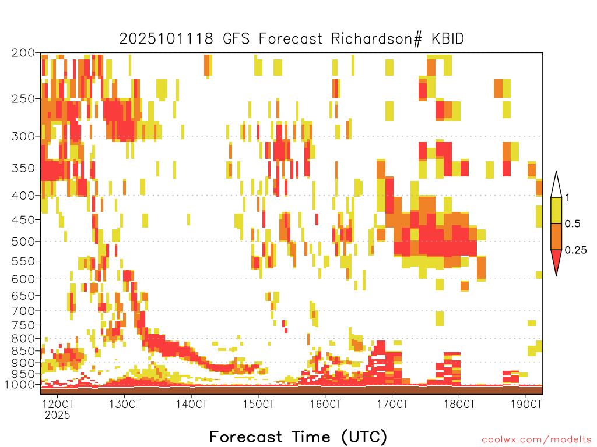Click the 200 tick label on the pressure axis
coord(23,53)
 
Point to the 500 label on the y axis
coord(23,242)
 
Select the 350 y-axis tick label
coord(23,168)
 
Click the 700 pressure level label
coord(23,311)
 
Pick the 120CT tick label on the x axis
coord(58,404)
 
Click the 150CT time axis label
coord(258,404)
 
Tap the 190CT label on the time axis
coord(526,404)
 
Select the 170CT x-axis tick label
coord(392,404)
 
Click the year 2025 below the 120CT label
coord(58,415)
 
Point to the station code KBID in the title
coord(448,39)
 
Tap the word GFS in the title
coord(236,39)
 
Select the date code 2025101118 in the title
coord(166,39)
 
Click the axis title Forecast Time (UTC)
coord(298,437)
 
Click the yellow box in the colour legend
coord(556,210)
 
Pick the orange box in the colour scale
coord(556,236)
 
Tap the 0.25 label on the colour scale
coord(575,250)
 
